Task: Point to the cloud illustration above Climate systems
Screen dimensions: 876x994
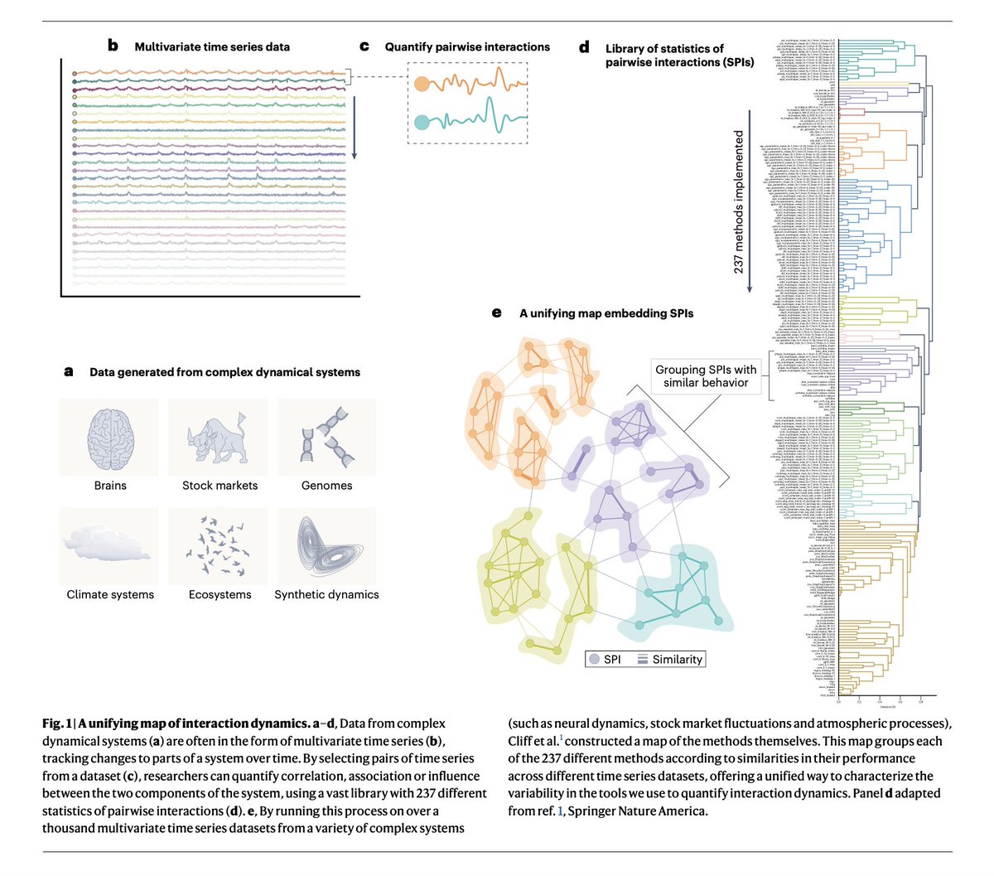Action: point(109,547)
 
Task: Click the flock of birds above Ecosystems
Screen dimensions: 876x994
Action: point(219,547)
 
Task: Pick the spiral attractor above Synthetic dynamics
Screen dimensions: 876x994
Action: point(326,547)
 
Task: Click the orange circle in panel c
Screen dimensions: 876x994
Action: point(422,84)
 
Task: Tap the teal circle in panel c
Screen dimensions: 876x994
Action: point(422,122)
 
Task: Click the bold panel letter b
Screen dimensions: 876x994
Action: point(113,46)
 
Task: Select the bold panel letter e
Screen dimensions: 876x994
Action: point(497,313)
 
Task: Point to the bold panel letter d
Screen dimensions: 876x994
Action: point(585,48)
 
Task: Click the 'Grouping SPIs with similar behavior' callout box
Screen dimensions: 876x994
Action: point(706,376)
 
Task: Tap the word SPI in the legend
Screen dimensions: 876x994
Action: point(612,660)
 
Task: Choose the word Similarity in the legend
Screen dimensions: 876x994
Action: point(678,660)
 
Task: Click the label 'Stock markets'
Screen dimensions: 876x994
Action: point(220,486)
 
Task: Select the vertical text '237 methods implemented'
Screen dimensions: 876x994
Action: point(739,202)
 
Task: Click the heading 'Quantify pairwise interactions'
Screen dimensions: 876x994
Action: point(467,47)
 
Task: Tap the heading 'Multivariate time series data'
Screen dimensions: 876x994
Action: point(212,47)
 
